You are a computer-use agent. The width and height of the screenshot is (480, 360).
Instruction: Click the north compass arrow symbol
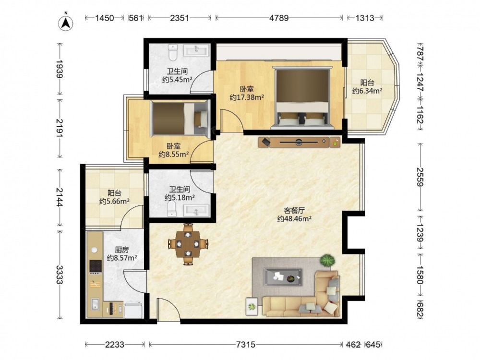(65, 23)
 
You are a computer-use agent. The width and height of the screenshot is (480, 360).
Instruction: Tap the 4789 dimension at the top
(278, 18)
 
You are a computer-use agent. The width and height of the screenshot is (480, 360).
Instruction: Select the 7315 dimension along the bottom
(245, 345)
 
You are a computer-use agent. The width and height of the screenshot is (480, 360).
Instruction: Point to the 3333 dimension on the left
(60, 275)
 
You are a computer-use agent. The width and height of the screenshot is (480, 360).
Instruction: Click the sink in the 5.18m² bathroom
(196, 211)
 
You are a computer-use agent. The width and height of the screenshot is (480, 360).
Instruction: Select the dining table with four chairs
(188, 244)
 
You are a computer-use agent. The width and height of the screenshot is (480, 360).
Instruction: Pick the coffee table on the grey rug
(283, 277)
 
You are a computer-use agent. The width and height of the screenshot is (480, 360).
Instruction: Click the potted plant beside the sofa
(327, 261)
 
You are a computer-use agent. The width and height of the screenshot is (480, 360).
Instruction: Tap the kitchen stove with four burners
(95, 266)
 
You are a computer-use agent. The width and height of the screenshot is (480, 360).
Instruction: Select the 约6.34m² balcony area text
(367, 91)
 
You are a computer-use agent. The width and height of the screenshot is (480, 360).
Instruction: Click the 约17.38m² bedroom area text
(247, 97)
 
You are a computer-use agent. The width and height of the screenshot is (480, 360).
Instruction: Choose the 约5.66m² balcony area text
(114, 201)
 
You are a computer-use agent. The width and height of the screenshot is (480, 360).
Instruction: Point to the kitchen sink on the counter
(95, 304)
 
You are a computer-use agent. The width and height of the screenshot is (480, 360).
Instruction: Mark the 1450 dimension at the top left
(104, 18)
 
